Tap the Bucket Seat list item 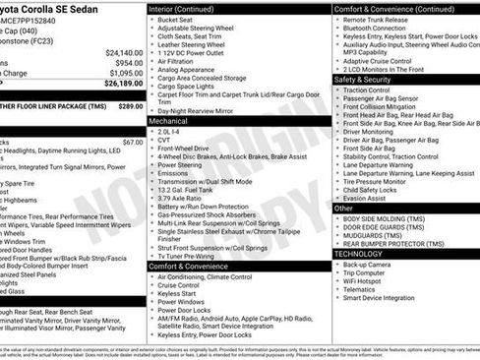coord(175,19)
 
